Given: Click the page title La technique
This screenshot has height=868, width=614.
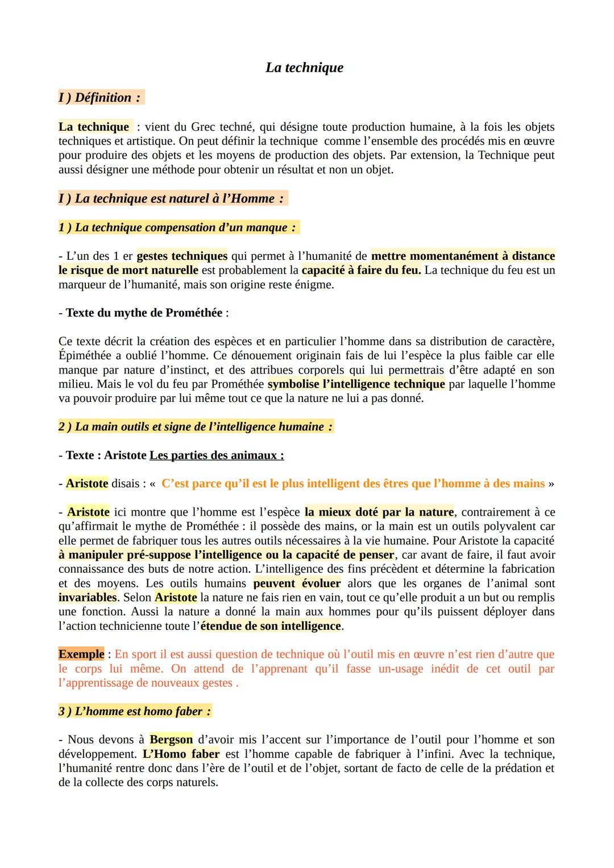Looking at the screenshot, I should (x=304, y=68).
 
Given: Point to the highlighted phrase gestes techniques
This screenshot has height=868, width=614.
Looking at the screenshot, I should (x=182, y=256).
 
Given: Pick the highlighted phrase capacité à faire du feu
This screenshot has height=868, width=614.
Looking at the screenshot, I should (x=361, y=270).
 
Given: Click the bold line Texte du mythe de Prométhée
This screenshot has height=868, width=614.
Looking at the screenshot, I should (x=145, y=313).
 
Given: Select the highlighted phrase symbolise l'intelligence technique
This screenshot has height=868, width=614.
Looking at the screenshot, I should (x=356, y=384).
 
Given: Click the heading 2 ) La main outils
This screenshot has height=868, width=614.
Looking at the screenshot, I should (x=195, y=426).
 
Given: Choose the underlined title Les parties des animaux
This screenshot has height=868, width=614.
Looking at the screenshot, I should (x=217, y=455).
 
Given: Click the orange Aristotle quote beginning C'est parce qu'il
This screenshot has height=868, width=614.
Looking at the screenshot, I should (x=352, y=483).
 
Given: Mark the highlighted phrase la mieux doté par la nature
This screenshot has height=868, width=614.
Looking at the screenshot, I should (x=379, y=512).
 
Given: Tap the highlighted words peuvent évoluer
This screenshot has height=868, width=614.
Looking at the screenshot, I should (x=297, y=583).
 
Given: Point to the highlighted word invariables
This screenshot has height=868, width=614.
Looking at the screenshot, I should (x=87, y=597).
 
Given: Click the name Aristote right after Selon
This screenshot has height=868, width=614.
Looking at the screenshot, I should (x=176, y=597).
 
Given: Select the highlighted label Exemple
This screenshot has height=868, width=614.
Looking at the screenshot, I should (x=81, y=654).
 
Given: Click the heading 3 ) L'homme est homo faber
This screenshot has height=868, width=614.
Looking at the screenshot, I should (x=135, y=711).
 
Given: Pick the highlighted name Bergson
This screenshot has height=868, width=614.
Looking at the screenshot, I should (x=171, y=740).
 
